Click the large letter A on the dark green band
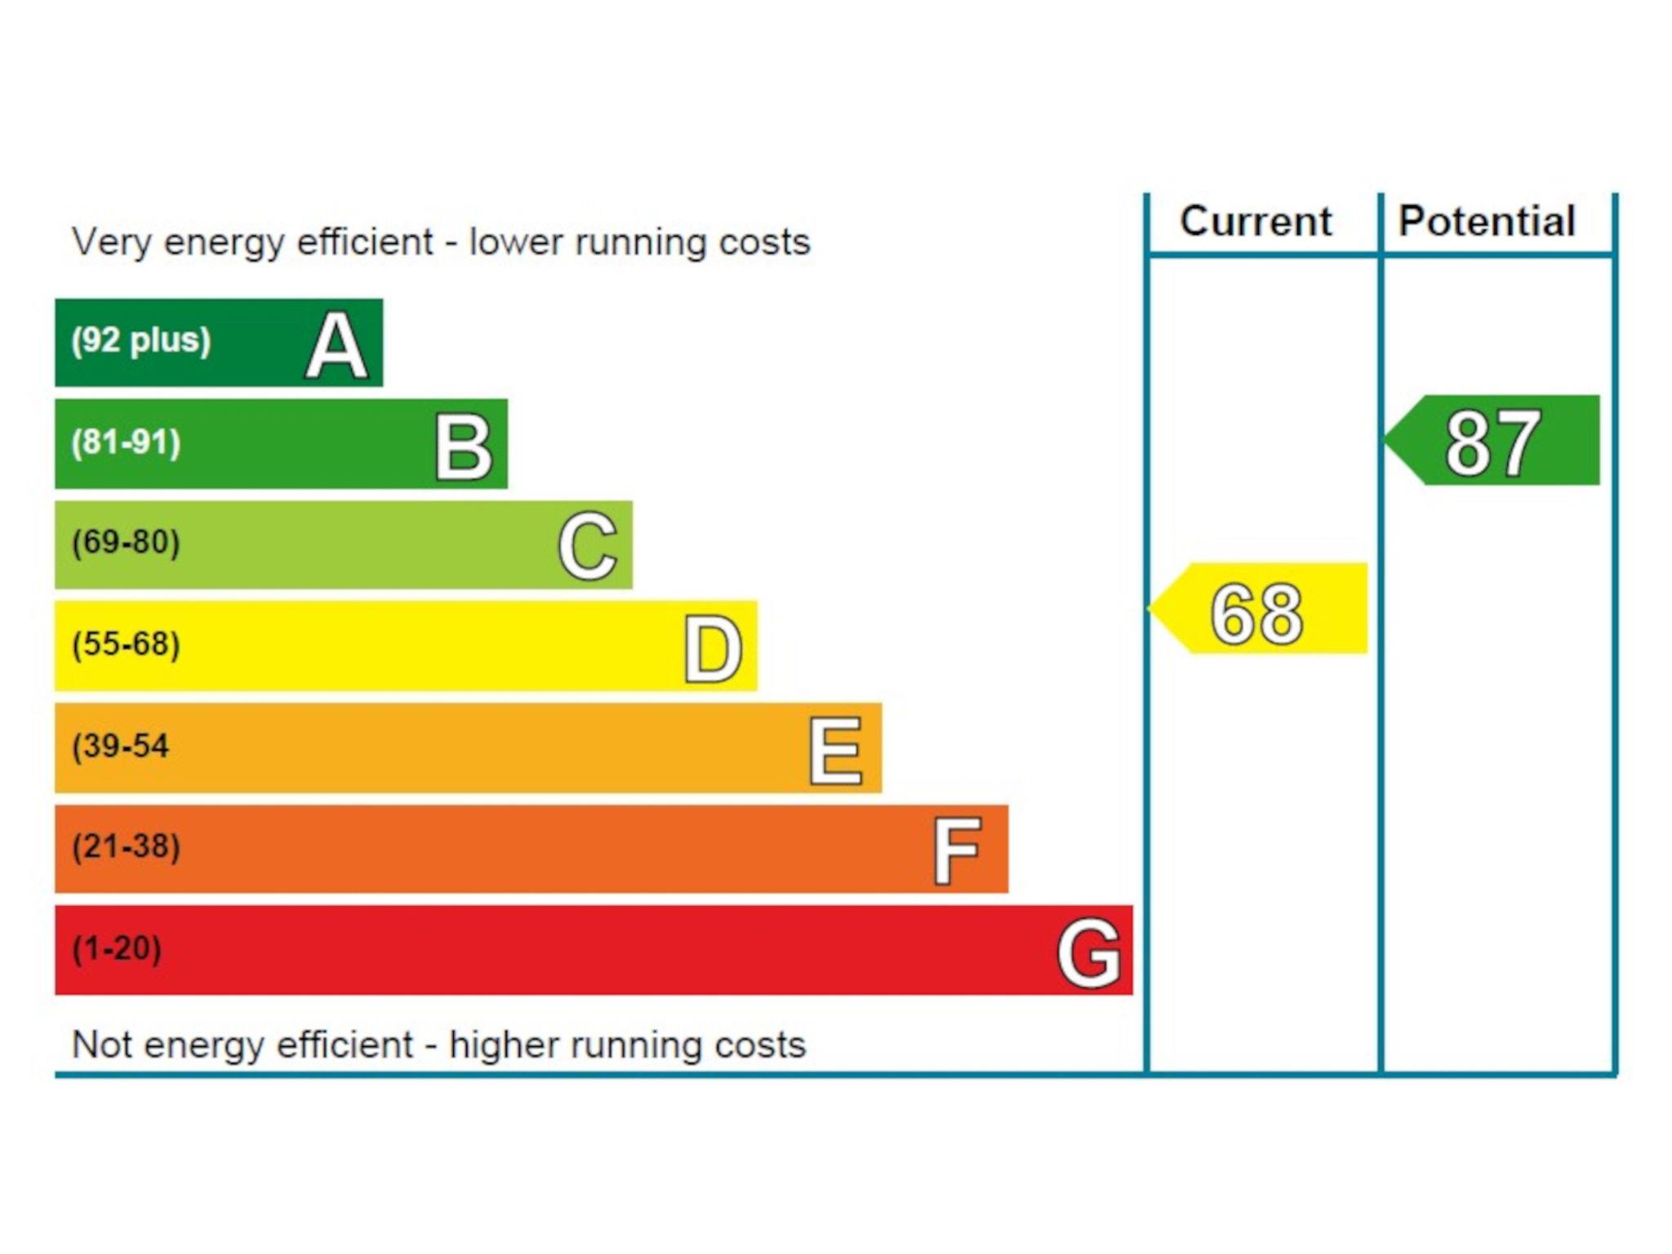pos(336,347)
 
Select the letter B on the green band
pos(463,447)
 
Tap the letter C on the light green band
pos(587,547)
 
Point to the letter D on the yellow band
pos(713,649)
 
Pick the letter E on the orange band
pos(835,751)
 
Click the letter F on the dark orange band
pos(957,852)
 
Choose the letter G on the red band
pos(1088,953)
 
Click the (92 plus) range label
pos(140,340)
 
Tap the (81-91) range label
pos(126,442)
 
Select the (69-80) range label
pos(126,543)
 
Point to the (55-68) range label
pos(126,644)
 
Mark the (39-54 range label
pos(120,746)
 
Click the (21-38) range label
pos(126,847)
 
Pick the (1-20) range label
pos(117,949)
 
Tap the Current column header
pos(1256,222)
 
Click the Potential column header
pos(1487,222)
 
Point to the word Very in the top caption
pos(110,242)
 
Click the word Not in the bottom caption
pos(104,1045)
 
